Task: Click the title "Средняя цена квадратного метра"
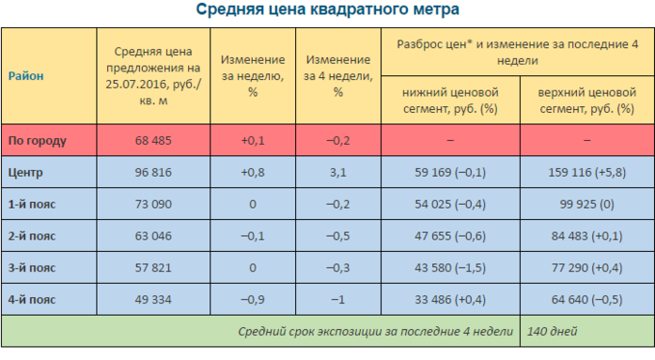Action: (328, 10)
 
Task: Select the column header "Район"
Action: (25, 75)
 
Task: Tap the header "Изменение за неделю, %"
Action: (251, 75)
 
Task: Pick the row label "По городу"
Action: (37, 140)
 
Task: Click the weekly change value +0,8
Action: (251, 172)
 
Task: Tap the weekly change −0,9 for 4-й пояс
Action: (251, 300)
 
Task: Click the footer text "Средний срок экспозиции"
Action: (320, 331)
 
